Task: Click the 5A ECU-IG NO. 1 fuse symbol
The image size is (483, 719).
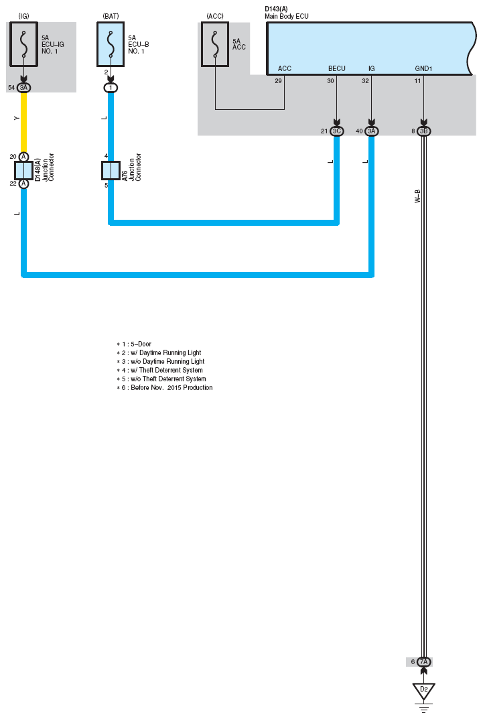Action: pyautogui.click(x=23, y=44)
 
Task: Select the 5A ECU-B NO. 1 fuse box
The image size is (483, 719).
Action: pyautogui.click(x=111, y=44)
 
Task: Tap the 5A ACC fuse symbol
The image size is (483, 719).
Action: pyautogui.click(x=215, y=44)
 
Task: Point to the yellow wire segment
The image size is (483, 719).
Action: pyautogui.click(x=24, y=122)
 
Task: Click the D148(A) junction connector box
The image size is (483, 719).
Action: pyautogui.click(x=23, y=171)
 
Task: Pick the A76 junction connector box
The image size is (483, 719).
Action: pyautogui.click(x=111, y=171)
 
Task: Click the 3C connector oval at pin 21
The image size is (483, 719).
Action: pyautogui.click(x=337, y=131)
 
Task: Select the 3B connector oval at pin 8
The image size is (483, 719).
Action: pyautogui.click(x=424, y=131)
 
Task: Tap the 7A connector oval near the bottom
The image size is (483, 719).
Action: pyautogui.click(x=424, y=661)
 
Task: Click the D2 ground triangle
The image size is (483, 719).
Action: pyautogui.click(x=424, y=691)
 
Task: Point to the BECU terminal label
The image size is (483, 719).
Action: pyautogui.click(x=337, y=68)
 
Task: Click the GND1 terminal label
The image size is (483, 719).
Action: pyautogui.click(x=423, y=68)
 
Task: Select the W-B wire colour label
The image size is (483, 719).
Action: pyautogui.click(x=417, y=196)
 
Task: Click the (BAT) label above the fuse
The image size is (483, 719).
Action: pyautogui.click(x=111, y=16)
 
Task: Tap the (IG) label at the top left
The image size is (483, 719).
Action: pyautogui.click(x=23, y=16)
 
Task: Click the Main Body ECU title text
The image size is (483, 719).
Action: pyautogui.click(x=287, y=16)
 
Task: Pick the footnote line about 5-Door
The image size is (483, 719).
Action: pyautogui.click(x=134, y=344)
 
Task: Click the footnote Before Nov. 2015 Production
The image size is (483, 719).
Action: pyautogui.click(x=165, y=387)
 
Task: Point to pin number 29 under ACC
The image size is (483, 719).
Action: pyautogui.click(x=278, y=80)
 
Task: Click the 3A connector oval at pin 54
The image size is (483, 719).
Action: pyautogui.click(x=24, y=88)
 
